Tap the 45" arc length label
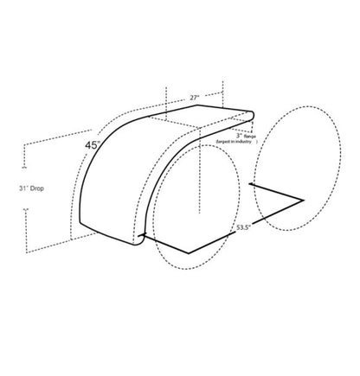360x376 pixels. click(93, 146)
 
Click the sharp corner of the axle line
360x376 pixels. click(303, 200)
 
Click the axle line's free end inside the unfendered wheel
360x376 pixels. click(250, 185)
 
